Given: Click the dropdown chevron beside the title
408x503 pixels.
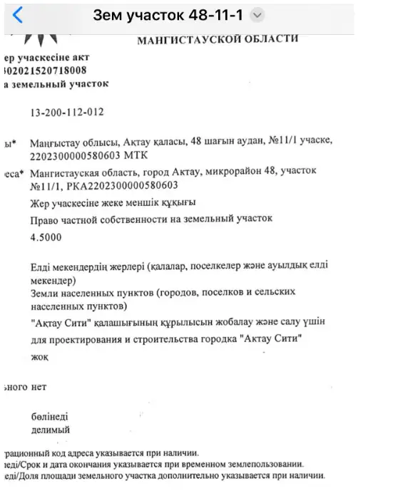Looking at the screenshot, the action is [258, 15].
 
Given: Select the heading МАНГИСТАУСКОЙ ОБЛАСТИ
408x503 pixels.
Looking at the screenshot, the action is [218, 39].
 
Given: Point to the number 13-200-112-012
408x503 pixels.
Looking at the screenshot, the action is [68, 113].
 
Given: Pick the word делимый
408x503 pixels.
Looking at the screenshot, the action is [51, 430].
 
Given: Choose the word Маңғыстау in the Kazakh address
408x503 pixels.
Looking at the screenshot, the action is [55, 142].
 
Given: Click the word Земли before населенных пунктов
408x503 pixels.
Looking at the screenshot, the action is [46, 293].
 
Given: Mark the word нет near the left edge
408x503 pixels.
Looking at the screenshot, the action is [39, 387].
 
